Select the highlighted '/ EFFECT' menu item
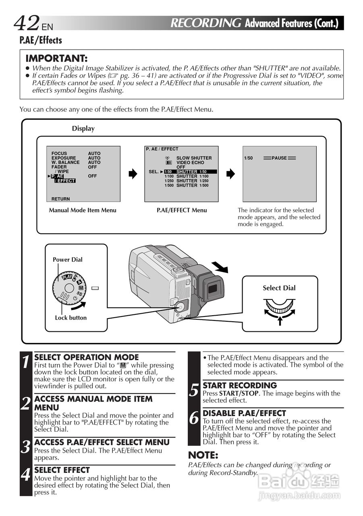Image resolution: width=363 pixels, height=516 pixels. pyautogui.click(x=65, y=181)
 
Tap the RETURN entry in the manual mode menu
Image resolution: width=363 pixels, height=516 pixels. pyautogui.click(x=60, y=199)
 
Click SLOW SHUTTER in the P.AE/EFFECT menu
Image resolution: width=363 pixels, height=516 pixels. pyautogui.click(x=194, y=158)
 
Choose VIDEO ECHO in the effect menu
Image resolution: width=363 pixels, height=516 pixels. pyautogui.click(x=190, y=162)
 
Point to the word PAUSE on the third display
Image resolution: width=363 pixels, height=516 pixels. pyautogui.click(x=279, y=158)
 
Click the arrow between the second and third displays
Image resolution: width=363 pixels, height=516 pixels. pyautogui.click(x=230, y=174)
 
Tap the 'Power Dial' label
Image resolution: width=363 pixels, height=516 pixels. pyautogui.click(x=67, y=260)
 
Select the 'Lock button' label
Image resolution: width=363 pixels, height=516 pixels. pyautogui.click(x=71, y=318)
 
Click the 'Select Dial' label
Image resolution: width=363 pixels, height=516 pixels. pyautogui.click(x=279, y=288)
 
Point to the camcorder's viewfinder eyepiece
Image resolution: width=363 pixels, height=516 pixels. pyautogui.click(x=212, y=289)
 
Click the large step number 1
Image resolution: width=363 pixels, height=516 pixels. pyautogui.click(x=26, y=362)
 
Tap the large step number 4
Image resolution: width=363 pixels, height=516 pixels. pyautogui.click(x=26, y=475)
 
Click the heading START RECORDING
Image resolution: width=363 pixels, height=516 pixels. pyautogui.click(x=240, y=385)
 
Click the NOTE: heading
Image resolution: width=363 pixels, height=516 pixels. pyautogui.click(x=203, y=455)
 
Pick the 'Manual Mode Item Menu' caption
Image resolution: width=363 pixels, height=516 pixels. pyautogui.click(x=83, y=210)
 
